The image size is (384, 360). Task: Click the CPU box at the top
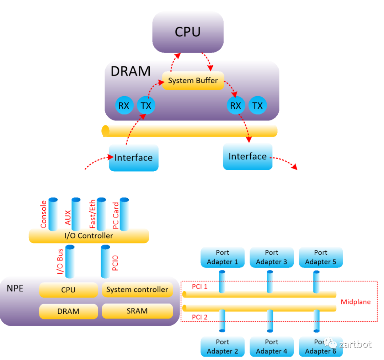click(x=188, y=32)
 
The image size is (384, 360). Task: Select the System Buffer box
click(x=193, y=81)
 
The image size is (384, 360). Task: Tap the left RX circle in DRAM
click(x=124, y=106)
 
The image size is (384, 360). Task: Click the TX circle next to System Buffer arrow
click(x=146, y=106)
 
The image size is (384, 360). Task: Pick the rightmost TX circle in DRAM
click(x=257, y=106)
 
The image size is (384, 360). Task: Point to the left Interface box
click(x=133, y=158)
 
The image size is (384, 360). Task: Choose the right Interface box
click(x=247, y=157)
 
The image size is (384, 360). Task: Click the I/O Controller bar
click(x=89, y=236)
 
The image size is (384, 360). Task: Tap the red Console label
click(x=43, y=214)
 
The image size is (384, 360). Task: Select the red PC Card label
click(x=116, y=215)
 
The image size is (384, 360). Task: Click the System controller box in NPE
click(x=137, y=290)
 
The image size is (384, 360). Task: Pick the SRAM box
click(x=137, y=311)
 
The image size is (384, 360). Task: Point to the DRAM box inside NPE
click(x=68, y=311)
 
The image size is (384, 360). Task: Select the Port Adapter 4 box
click(x=272, y=347)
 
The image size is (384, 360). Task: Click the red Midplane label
click(x=356, y=302)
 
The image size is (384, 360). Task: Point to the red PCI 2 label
click(x=199, y=317)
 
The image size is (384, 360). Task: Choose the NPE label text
click(x=15, y=288)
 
